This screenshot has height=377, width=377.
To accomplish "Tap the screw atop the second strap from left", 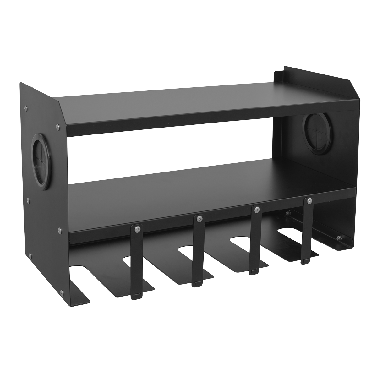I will coord(199,218).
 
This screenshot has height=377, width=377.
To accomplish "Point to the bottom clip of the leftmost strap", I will coord(136,295).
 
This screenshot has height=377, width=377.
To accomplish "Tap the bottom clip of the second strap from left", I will coord(197,284).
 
